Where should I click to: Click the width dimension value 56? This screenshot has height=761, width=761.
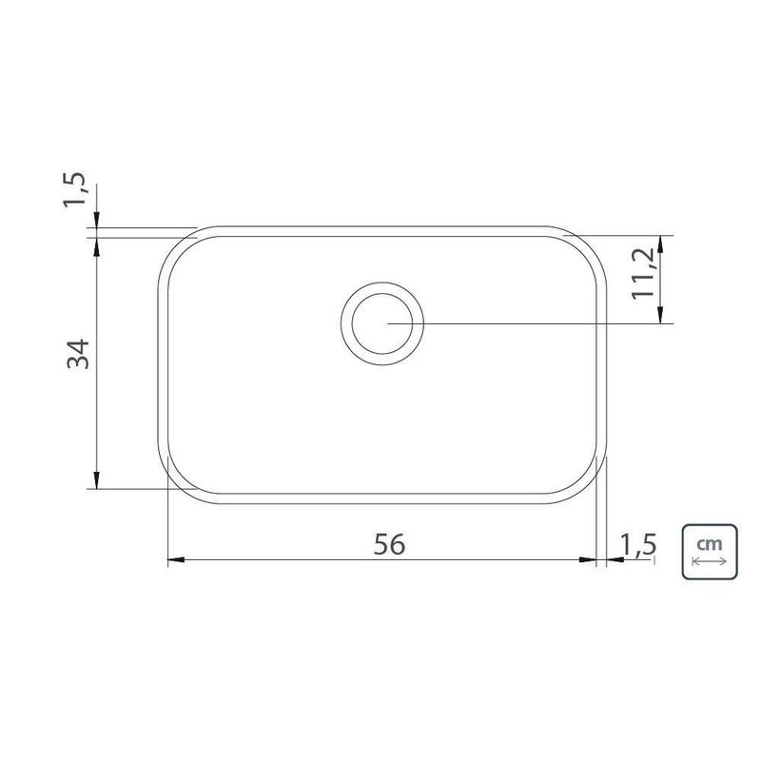click(x=389, y=543)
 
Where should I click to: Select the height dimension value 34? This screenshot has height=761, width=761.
click(x=78, y=354)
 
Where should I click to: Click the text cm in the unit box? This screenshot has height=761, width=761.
click(x=709, y=544)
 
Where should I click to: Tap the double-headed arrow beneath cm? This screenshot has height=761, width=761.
click(x=709, y=561)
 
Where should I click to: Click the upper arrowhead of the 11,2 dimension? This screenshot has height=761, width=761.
click(x=662, y=242)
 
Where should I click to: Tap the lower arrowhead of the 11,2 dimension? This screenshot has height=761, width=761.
click(x=662, y=318)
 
